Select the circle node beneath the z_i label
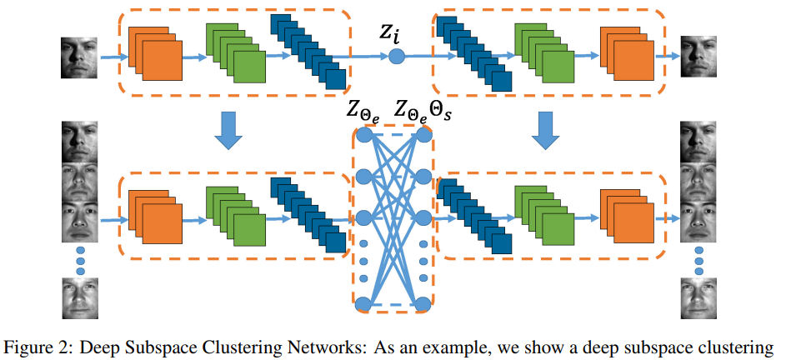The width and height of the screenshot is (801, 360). click(397, 57)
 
